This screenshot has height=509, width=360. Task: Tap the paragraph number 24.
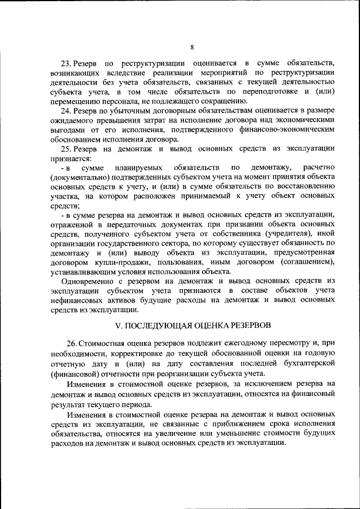coord(65,111)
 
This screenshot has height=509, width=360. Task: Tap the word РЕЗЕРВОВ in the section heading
coord(247,326)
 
